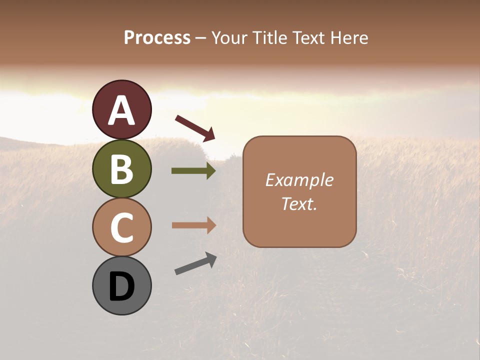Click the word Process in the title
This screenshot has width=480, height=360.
pos(157,37)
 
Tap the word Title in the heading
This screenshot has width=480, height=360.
pos(269,37)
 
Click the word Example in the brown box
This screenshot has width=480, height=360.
pos(299,180)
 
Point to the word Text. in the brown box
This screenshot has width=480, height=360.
pos(299,203)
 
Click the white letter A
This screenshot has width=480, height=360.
pos(121,110)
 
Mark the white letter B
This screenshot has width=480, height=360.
pos(121,169)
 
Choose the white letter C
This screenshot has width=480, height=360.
pos(121,228)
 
